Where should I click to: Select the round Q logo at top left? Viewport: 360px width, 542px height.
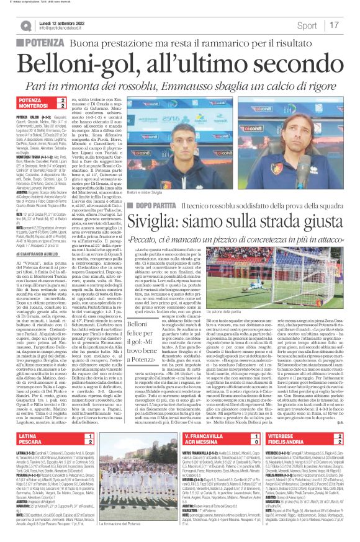pyautogui.click(x=24, y=25)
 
